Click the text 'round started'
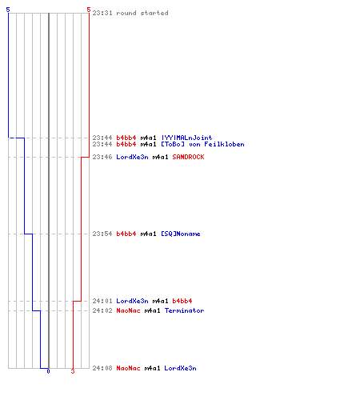[142, 13]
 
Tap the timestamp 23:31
[102, 13]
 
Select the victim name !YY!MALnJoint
[187, 138]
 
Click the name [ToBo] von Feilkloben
[202, 144]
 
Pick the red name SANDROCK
[188, 157]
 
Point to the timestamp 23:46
[102, 157]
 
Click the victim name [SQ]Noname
[181, 234]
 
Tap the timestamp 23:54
[102, 234]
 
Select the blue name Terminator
[184, 310]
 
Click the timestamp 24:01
[102, 301]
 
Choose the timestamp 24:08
[102, 368]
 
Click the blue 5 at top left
[8, 10]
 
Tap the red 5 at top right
[89, 10]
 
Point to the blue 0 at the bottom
[48, 371]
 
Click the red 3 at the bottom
[73, 371]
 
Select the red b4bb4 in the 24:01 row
[182, 301]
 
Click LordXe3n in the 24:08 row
[180, 368]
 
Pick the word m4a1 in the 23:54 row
[148, 234]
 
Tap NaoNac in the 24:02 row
[128, 310]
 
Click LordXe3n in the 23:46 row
[132, 157]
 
